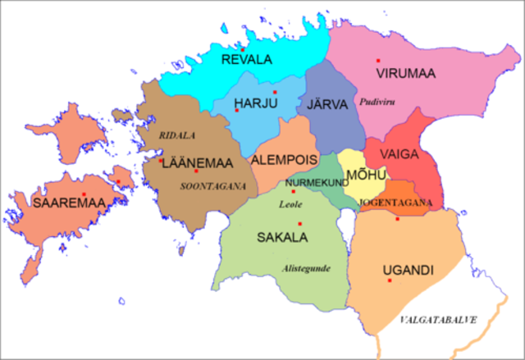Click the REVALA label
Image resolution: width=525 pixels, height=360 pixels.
click(248, 59)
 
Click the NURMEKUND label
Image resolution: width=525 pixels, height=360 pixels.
click(317, 182)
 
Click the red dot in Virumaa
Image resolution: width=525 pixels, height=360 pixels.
click(378, 61)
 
